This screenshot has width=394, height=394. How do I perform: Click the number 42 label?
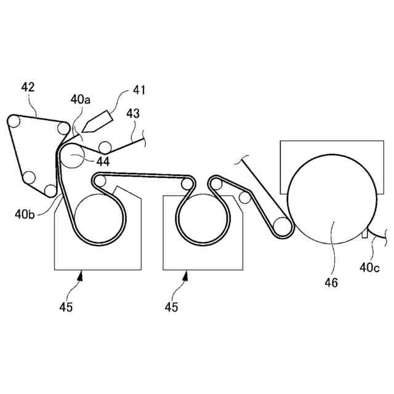[27, 87]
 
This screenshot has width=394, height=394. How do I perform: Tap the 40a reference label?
[80, 98]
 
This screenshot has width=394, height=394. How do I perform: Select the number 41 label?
[139, 90]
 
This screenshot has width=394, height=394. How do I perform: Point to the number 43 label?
[133, 114]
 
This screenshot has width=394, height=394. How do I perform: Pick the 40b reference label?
[25, 215]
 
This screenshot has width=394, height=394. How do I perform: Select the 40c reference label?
[372, 267]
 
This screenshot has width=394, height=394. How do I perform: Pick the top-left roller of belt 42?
[14, 123]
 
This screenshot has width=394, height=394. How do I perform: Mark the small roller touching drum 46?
[283, 227]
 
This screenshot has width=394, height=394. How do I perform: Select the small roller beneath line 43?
[106, 147]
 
